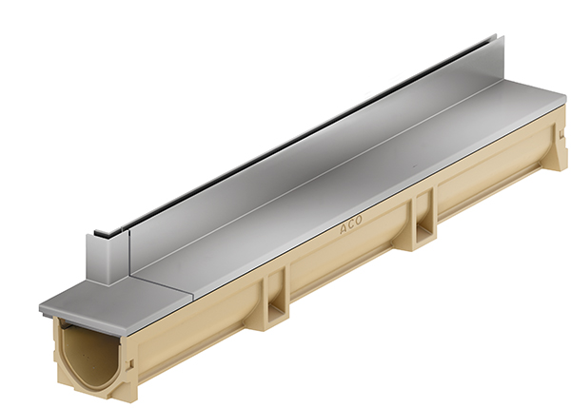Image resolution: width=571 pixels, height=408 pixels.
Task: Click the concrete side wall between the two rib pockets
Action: coord(352,257)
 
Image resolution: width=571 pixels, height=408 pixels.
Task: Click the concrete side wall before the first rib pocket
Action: coord(200,333)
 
